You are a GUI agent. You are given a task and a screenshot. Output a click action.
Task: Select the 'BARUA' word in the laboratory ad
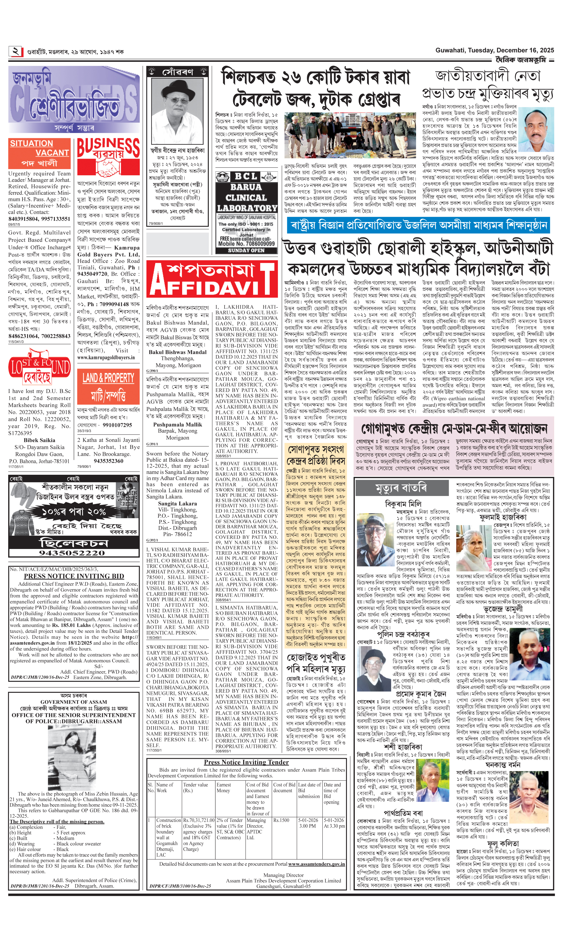point(246,187)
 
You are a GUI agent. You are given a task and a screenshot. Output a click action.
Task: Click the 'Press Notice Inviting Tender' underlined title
point(246,762)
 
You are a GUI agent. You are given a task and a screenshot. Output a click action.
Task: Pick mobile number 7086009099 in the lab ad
point(246,244)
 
